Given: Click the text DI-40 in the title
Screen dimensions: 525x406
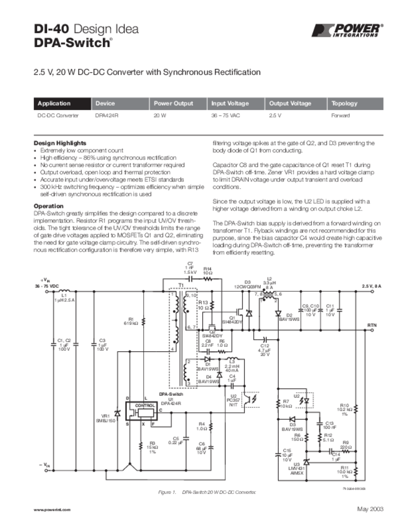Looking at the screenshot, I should tap(51, 29).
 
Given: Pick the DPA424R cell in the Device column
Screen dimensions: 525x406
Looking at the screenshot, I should tap(107, 116).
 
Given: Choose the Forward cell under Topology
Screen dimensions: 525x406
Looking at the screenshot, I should tap(340, 116).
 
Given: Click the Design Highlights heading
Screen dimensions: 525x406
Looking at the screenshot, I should tap(60, 143).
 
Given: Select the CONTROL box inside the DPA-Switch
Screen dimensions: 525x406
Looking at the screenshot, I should tap(142, 406).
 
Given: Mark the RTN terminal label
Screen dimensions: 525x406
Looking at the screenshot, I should tap(372, 325).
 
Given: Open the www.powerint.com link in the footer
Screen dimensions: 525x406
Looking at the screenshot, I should tap(51, 510).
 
